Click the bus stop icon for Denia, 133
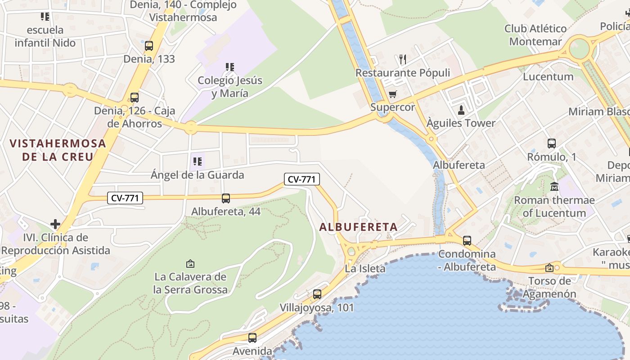pos(149,45)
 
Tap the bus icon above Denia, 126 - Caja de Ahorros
pos(134,97)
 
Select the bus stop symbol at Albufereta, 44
pos(226,198)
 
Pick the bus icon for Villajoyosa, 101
pos(317,294)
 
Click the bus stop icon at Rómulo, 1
pos(552,144)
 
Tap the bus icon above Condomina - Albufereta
pos(467,241)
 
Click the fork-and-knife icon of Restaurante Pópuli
pos(403,59)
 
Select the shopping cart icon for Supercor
pos(392,94)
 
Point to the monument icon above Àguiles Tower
pos(461,110)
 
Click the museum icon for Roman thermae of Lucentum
pos(554,186)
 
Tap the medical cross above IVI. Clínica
pos(55,224)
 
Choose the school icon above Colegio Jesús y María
pos(230,67)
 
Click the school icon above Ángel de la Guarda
pos(197,161)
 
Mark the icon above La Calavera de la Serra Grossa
pos(190,263)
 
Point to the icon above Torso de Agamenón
pos(549,268)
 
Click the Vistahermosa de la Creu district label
pos(58,150)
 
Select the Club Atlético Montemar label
pos(535,35)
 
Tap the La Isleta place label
pos(365,269)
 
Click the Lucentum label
pos(548,76)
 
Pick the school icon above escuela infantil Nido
pos(45,17)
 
